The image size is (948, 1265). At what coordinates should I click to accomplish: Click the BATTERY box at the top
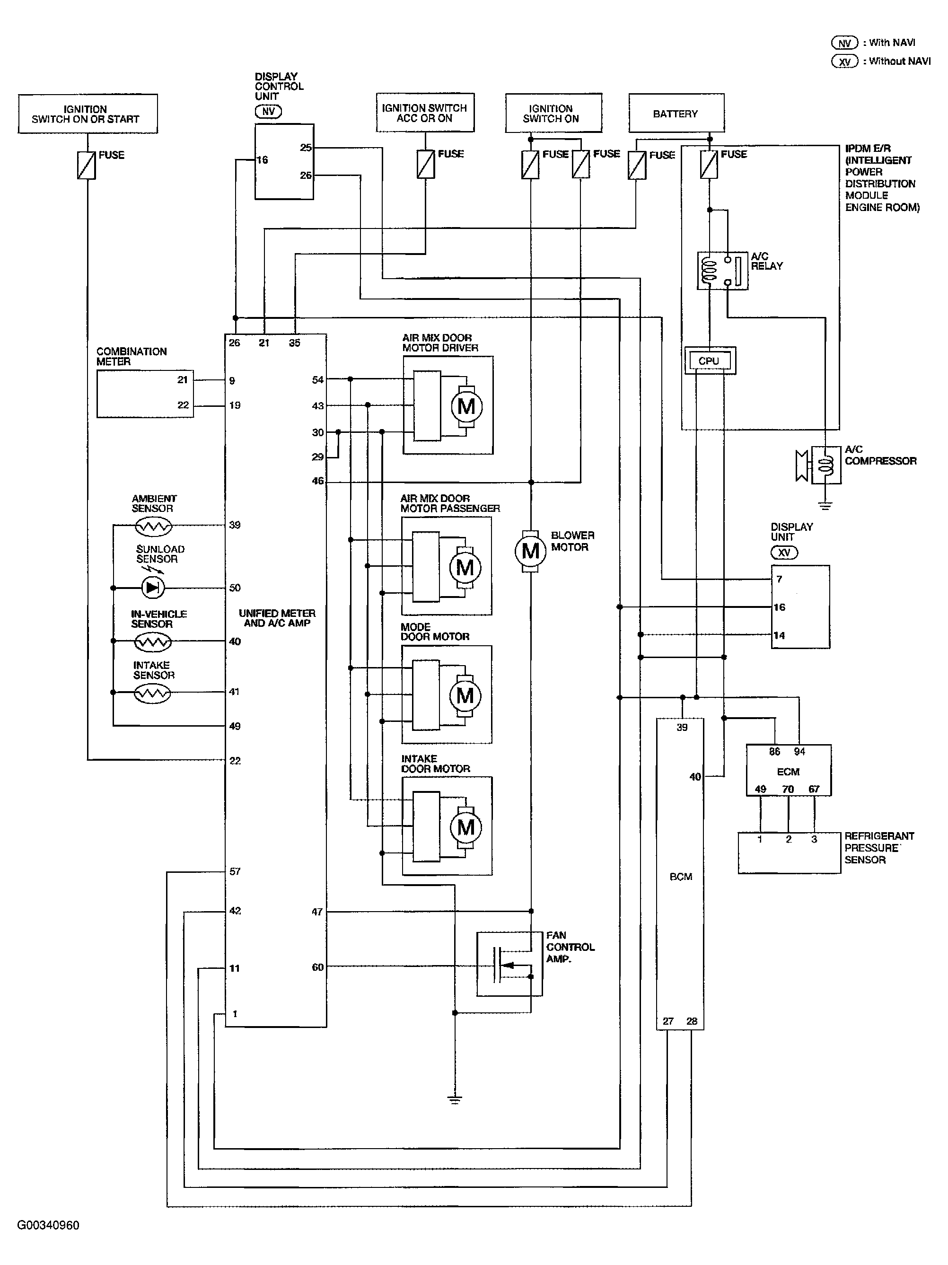[676, 113]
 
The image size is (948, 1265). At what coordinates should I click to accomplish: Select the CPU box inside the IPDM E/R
[709, 361]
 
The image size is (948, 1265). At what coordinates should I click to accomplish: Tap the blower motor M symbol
[531, 551]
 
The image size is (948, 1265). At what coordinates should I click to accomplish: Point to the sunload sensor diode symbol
[152, 588]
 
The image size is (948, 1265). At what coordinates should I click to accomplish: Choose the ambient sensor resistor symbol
[152, 526]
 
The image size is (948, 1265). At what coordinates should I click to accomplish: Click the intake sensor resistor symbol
[152, 694]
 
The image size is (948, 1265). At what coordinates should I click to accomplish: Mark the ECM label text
[788, 772]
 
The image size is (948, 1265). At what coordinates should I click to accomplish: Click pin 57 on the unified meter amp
[235, 871]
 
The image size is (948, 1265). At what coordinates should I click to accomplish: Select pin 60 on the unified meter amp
[317, 967]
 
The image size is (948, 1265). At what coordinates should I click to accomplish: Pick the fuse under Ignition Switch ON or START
[87, 165]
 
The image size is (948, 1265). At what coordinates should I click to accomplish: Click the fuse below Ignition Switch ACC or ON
[425, 164]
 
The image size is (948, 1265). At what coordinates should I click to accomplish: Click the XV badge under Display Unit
[784, 553]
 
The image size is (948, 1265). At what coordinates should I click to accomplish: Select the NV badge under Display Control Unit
[268, 112]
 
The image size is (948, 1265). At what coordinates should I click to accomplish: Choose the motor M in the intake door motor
[466, 827]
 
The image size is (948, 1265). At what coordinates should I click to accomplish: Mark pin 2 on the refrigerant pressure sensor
[789, 839]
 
